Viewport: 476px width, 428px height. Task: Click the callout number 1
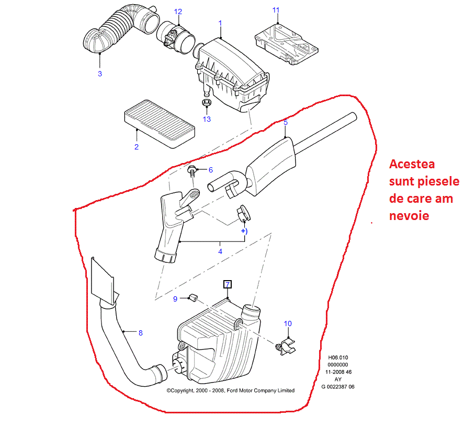(220, 23)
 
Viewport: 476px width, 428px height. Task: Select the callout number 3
(100, 74)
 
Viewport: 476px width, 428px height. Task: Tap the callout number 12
(178, 11)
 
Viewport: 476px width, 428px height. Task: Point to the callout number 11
(276, 10)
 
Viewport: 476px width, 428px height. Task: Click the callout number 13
(207, 119)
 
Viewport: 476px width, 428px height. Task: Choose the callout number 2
(136, 147)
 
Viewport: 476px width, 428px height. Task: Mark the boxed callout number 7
(227, 284)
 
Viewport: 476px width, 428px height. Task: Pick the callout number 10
(288, 323)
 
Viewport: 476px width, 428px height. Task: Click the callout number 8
(140, 332)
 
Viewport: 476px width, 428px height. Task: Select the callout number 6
(211, 169)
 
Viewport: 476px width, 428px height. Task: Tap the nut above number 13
(206, 101)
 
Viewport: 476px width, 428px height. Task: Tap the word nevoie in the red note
(409, 215)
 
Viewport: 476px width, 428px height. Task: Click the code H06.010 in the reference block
(337, 358)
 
